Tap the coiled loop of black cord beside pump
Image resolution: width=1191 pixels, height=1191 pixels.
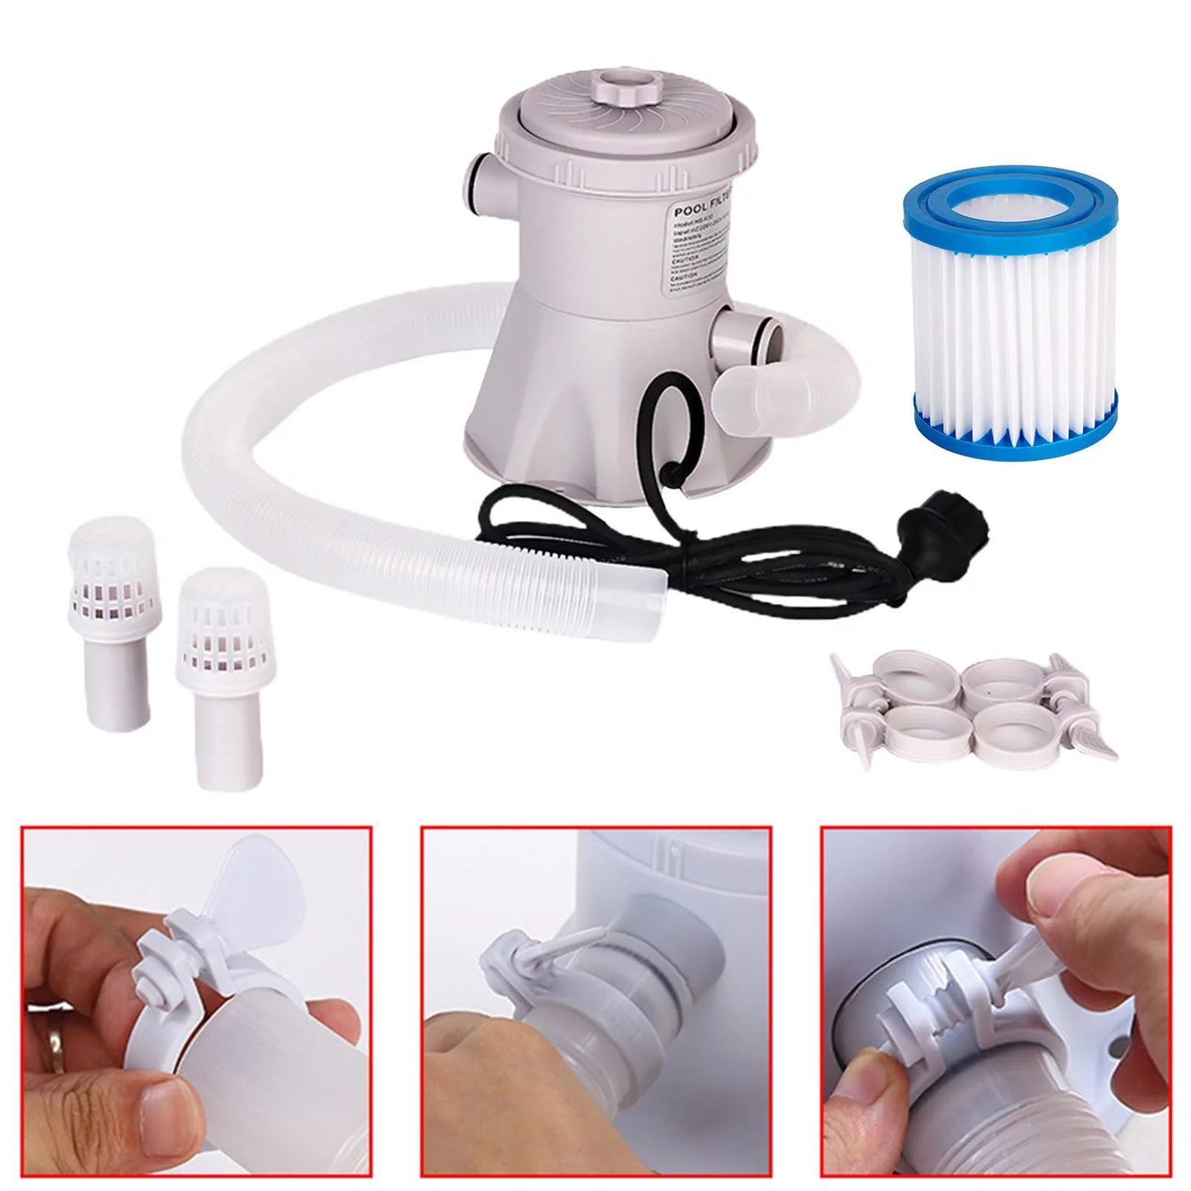[x=660, y=420]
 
